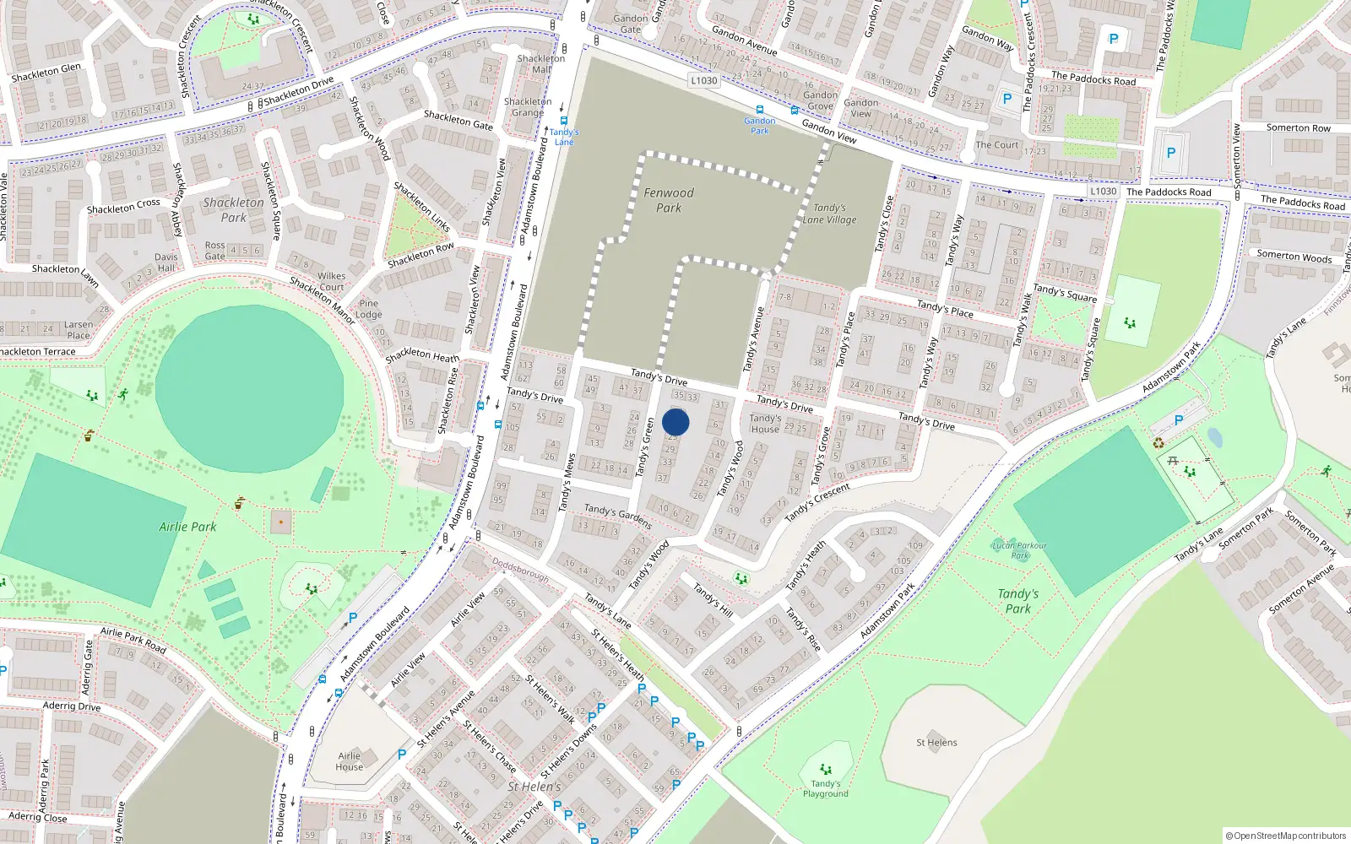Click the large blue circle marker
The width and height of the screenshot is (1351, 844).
[x=675, y=422]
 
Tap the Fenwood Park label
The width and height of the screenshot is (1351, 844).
[x=669, y=200]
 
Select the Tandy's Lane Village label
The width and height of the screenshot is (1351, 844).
[x=829, y=214]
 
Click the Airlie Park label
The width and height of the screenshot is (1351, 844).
[x=187, y=527]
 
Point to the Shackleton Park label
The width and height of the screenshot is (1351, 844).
[x=233, y=209]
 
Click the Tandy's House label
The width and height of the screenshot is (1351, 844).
[x=765, y=424]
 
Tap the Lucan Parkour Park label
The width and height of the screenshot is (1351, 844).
[x=1020, y=550]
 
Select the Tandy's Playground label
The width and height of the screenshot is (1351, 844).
[x=826, y=788]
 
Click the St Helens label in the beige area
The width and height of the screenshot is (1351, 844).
[x=936, y=743]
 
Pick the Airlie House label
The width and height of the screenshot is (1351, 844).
[x=349, y=761]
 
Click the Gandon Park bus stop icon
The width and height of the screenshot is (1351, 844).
[x=760, y=111]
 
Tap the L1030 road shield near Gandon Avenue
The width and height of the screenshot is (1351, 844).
[x=703, y=81]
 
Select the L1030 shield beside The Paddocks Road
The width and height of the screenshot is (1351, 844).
[x=1103, y=192]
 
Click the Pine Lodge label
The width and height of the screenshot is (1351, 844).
[x=369, y=309]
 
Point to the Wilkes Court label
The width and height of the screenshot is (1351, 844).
[x=331, y=281]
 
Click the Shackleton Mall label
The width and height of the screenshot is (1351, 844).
[x=540, y=64]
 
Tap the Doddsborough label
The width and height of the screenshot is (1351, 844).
[x=520, y=571]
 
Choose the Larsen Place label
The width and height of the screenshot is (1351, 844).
[x=79, y=330]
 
